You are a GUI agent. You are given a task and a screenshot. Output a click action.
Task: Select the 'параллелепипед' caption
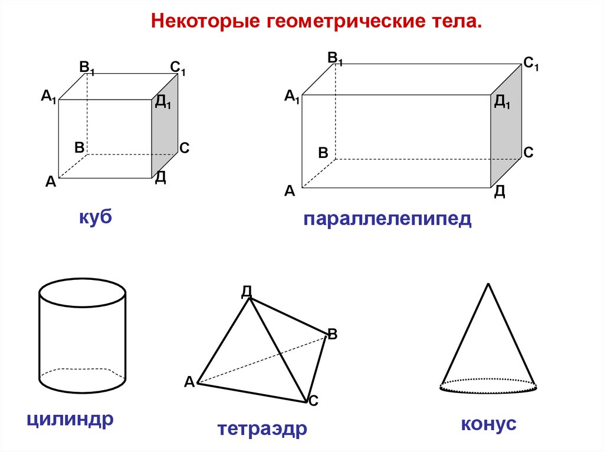click(x=388, y=220)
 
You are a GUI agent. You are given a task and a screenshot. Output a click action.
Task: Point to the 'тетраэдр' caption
click(x=262, y=428)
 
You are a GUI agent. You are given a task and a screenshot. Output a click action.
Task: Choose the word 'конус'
click(x=489, y=424)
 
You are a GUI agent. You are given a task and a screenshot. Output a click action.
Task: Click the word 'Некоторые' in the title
click(x=205, y=22)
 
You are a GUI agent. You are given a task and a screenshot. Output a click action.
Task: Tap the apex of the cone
click(x=488, y=284)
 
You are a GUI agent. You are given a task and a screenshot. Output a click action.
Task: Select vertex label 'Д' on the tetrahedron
click(x=247, y=291)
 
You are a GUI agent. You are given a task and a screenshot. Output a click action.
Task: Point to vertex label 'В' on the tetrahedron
click(x=332, y=335)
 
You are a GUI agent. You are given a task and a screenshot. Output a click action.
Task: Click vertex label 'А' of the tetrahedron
click(x=189, y=382)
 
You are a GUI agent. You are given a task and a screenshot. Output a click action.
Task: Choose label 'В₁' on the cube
click(x=87, y=67)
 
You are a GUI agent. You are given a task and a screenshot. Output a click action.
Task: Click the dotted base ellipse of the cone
click(x=489, y=387)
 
